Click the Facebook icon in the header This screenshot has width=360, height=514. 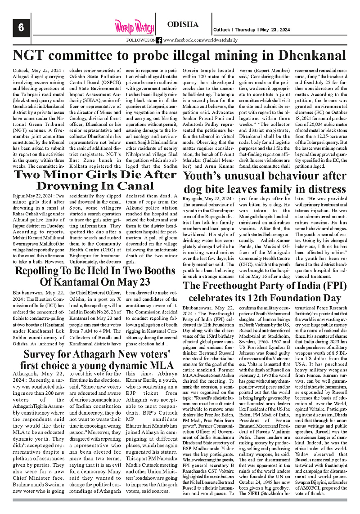(159, 40)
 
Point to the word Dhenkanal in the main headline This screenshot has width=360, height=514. (306, 56)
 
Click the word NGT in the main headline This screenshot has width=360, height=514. (31, 56)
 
